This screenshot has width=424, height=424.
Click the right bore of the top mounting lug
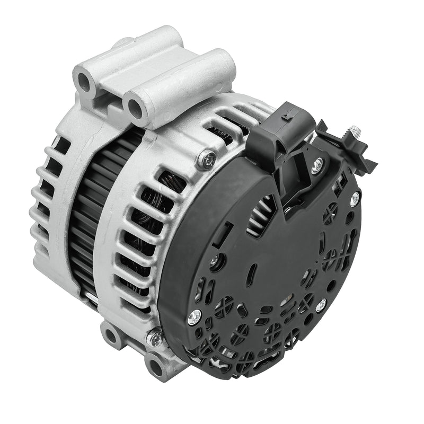tap(135, 109)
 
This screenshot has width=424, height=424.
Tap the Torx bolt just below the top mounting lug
tap(207, 157)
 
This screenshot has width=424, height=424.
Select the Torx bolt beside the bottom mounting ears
tap(155, 338)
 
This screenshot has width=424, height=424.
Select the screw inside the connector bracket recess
tap(316, 166)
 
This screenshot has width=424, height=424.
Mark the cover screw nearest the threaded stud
tap(354, 198)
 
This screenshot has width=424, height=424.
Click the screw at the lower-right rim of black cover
tap(320, 305)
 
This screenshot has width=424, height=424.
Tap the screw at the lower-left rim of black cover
tap(193, 318)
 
